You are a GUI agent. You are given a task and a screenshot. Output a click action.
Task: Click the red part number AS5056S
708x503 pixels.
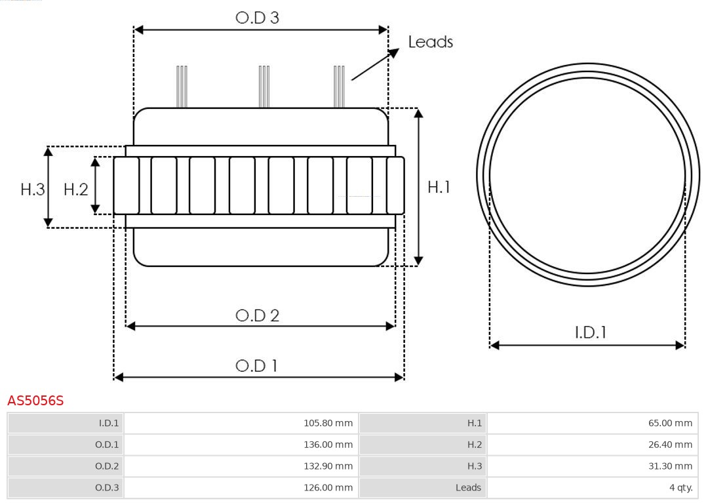point(35,401)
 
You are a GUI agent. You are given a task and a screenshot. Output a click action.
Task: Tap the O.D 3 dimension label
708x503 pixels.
point(258,18)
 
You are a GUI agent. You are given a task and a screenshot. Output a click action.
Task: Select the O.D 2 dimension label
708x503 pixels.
point(258,315)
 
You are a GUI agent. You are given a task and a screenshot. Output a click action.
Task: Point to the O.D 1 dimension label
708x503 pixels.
point(256,366)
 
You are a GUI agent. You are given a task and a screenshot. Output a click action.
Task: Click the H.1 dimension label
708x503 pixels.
point(439,187)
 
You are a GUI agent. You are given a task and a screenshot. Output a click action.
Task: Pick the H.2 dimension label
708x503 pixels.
point(76,190)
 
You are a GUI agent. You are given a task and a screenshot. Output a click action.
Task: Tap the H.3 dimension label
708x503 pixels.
point(33,190)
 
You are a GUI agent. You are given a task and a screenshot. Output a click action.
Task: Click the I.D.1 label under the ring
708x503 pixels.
point(591,332)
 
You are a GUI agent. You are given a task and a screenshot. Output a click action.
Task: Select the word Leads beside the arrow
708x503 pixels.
point(430,42)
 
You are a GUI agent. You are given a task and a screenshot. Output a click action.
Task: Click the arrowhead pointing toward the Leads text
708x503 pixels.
point(394,53)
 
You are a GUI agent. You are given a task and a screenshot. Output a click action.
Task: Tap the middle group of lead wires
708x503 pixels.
point(264,87)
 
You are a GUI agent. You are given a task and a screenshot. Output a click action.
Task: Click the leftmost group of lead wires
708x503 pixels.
point(182,87)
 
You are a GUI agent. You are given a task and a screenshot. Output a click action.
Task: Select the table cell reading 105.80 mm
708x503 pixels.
point(241,423)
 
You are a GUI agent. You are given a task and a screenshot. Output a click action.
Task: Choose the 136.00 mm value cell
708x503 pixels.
point(241,445)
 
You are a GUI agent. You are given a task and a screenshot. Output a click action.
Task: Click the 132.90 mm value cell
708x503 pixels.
point(241,466)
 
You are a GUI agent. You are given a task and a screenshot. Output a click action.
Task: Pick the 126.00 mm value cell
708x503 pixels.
point(241,488)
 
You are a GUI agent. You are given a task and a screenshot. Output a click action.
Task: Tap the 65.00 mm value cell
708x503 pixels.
point(593,423)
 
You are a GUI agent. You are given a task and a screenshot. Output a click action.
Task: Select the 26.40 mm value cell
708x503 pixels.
point(593,445)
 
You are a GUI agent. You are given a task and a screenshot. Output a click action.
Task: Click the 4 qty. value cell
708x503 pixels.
point(593,488)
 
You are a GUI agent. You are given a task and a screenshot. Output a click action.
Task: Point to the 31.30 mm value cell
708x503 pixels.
point(593,466)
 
